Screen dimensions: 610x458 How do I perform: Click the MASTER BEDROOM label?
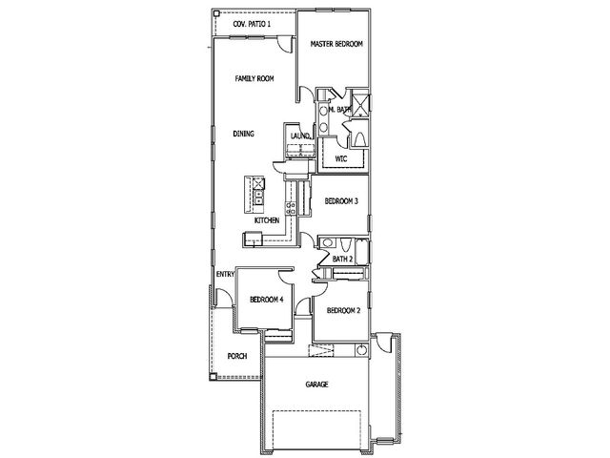pyautogui.click(x=336, y=44)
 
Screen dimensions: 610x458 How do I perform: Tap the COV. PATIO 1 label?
pyautogui.click(x=252, y=24)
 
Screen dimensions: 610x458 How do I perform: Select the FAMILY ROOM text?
pyautogui.click(x=254, y=78)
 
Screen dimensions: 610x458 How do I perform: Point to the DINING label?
pyautogui.click(x=244, y=134)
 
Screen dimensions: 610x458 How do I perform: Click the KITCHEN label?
pyautogui.click(x=267, y=220)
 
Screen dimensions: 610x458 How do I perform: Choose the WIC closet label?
pyautogui.click(x=341, y=159)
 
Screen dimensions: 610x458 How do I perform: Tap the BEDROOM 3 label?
pyautogui.click(x=341, y=201)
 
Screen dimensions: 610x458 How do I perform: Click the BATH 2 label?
pyautogui.click(x=342, y=259)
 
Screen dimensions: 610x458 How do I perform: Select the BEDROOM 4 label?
pyautogui.click(x=266, y=300)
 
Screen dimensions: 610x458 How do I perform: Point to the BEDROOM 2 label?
pyautogui.click(x=343, y=310)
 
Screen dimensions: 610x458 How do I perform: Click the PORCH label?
pyautogui.click(x=237, y=356)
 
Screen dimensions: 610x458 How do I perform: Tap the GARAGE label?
pyautogui.click(x=316, y=385)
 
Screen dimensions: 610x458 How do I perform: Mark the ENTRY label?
pyautogui.click(x=225, y=274)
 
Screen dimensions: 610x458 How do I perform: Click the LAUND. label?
pyautogui.click(x=301, y=135)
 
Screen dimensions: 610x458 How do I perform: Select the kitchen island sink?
pyautogui.click(x=258, y=197)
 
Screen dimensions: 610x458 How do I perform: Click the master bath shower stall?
pyautogui.click(x=360, y=103)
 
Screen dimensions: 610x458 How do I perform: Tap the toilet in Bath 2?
pyautogui.click(x=345, y=244)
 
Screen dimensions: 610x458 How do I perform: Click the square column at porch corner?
pyautogui.click(x=213, y=376)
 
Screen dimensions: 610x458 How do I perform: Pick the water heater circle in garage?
pyautogui.click(x=362, y=350)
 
